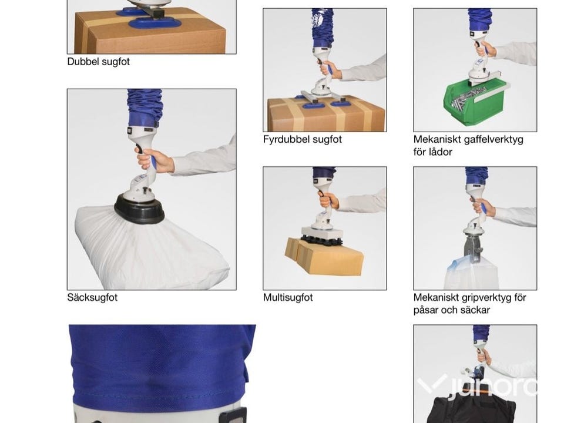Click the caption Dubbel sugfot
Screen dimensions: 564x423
[x=98, y=62]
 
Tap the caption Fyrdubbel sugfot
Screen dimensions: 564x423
[x=302, y=139]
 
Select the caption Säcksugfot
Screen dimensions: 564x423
[x=92, y=297]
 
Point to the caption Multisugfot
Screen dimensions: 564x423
[x=288, y=297]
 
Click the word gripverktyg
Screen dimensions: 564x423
[x=480, y=298]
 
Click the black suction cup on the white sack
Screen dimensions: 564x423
[x=139, y=208]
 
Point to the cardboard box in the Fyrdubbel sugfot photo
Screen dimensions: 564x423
[x=326, y=115]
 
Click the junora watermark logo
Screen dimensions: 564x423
[x=477, y=385]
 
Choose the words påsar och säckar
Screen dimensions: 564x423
[x=451, y=310]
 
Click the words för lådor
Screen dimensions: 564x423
[x=433, y=152]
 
